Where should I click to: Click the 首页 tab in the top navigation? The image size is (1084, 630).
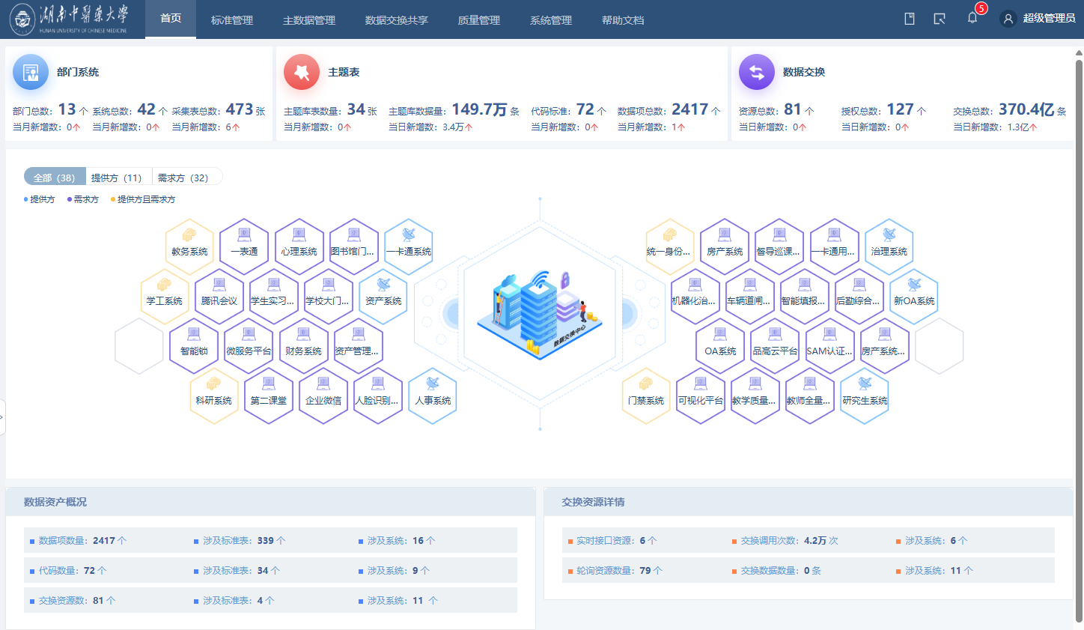tap(171, 19)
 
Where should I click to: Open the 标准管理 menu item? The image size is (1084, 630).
tap(232, 20)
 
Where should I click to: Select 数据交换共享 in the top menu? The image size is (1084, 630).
tap(396, 20)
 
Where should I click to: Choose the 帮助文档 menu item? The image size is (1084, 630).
tap(623, 20)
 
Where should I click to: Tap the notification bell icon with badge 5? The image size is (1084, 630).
tap(972, 18)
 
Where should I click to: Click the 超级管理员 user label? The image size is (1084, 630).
tap(1049, 19)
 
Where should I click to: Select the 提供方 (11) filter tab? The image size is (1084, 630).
tap(116, 178)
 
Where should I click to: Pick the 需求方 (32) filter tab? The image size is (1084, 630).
tap(183, 178)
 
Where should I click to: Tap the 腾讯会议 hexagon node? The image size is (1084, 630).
tap(219, 294)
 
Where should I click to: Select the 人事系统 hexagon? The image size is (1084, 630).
tap(433, 394)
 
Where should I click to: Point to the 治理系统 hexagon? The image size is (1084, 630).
tap(889, 245)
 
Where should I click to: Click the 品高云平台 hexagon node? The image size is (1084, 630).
tap(775, 345)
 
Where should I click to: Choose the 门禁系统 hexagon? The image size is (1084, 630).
tap(646, 394)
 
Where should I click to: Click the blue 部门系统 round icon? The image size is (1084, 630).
tap(31, 72)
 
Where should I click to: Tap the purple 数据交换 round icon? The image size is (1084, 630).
tap(757, 72)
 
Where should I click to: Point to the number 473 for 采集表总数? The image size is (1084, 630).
tap(240, 109)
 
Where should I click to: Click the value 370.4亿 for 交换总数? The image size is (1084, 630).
tap(1026, 109)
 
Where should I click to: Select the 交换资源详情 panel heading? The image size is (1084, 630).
tap(593, 502)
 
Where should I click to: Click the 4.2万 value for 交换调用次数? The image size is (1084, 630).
tap(815, 540)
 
